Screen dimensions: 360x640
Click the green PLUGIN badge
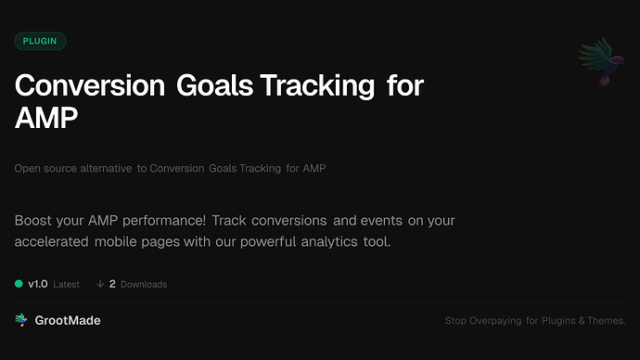tap(40, 41)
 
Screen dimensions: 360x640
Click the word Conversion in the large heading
tap(87, 86)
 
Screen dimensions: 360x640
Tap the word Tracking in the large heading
tap(317, 86)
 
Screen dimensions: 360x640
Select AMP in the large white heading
tap(46, 119)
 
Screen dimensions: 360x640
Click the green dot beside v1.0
tap(19, 284)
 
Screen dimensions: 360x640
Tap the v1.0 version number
tap(38, 284)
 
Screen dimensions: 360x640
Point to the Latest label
tap(66, 284)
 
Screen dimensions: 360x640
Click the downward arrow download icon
tap(99, 284)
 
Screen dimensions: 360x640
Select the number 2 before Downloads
tap(112, 284)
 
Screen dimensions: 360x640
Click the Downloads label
tap(144, 284)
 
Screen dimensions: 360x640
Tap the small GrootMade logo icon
tap(21, 320)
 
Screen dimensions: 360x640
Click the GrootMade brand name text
tap(68, 320)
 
